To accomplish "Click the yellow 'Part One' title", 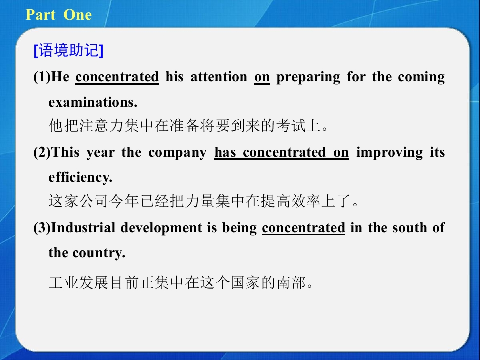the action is click(59, 15).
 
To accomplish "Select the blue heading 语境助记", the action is click(69, 50).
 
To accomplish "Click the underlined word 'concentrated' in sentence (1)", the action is click(117, 77).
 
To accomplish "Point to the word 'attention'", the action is click(219, 77).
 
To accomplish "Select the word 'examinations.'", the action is click(93, 102).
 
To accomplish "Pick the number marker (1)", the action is click(42, 77).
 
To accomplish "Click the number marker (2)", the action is click(42, 152).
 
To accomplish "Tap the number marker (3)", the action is click(42, 228).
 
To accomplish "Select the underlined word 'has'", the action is click(225, 152).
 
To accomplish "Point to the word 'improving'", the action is click(389, 153).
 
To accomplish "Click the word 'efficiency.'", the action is click(80, 178).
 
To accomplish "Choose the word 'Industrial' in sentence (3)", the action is click(83, 228).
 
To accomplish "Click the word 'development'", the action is click(161, 228).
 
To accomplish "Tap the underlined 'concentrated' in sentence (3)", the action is click(303, 228).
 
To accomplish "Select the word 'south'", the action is click(410, 228).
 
